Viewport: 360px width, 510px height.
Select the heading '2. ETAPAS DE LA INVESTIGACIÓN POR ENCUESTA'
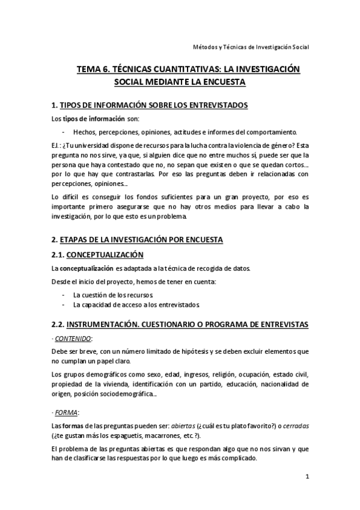click(137, 239)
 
